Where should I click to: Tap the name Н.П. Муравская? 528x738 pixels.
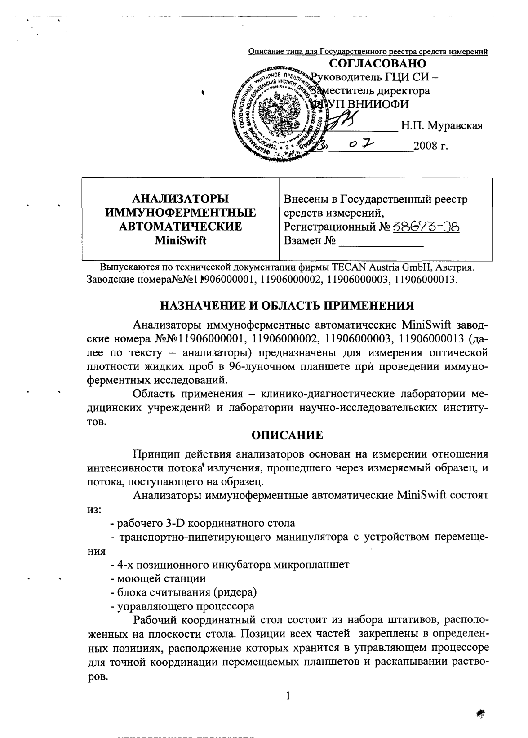442,126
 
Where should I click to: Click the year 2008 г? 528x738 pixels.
434,147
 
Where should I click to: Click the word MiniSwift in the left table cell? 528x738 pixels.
180,240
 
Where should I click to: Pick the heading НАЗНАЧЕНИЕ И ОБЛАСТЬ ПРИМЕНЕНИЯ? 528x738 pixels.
287,306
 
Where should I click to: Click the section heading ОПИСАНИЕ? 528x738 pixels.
287,435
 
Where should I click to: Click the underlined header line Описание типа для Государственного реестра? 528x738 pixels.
368,52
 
